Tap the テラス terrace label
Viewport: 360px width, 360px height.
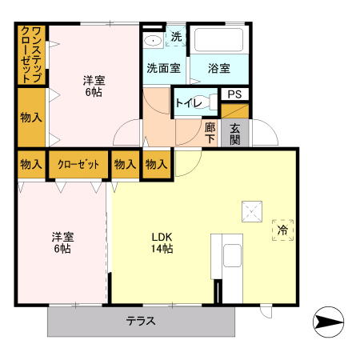tap(140, 322)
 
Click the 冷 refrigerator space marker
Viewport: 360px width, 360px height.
tap(282, 230)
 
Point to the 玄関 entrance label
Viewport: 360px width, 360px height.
tap(235, 133)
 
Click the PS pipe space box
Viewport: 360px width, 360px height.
tap(234, 94)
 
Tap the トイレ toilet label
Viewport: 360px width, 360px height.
tap(189, 102)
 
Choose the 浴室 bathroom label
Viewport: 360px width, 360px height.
tap(219, 68)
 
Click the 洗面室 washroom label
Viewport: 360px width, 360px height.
tap(162, 68)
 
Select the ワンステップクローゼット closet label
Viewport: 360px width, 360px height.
tap(31, 54)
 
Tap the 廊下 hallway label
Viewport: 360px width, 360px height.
tap(210, 133)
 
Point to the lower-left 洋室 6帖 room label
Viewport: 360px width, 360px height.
tap(62, 242)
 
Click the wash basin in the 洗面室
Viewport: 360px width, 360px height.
tap(152, 39)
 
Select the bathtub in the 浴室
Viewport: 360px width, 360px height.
tap(219, 40)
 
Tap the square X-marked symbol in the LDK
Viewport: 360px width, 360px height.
tap(253, 213)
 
